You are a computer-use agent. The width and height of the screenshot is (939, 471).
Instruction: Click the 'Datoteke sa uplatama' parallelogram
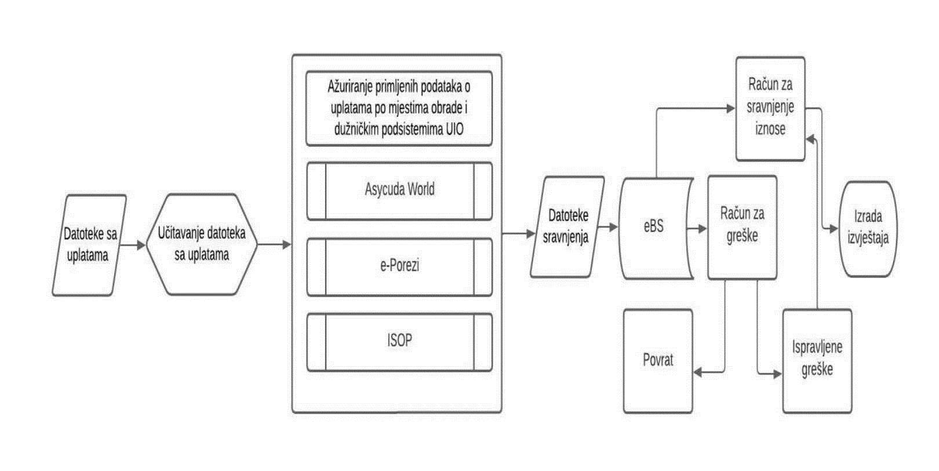89,245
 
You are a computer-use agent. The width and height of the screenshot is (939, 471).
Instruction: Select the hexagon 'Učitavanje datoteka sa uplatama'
201,244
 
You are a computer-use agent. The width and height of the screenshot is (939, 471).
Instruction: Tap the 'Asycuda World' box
399,190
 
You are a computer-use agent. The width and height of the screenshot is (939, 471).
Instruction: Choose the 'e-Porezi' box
399,266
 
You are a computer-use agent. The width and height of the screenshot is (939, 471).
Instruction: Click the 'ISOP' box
399,341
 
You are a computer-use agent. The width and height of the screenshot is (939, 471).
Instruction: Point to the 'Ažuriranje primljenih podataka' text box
399,108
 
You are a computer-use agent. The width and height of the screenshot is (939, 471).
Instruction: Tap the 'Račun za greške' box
742,226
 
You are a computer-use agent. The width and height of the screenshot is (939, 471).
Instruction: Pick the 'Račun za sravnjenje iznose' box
770,108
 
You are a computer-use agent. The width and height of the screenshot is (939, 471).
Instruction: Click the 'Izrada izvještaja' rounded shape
868,228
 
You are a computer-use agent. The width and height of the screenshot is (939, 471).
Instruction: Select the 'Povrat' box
658,360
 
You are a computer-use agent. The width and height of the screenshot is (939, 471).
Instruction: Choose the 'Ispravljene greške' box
817,360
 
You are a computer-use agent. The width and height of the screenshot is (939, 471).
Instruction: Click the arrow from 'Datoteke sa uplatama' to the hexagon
134,245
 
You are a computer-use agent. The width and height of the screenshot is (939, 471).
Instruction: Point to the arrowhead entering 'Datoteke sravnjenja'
530,233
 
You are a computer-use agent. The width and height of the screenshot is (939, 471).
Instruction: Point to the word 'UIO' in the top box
454,129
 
